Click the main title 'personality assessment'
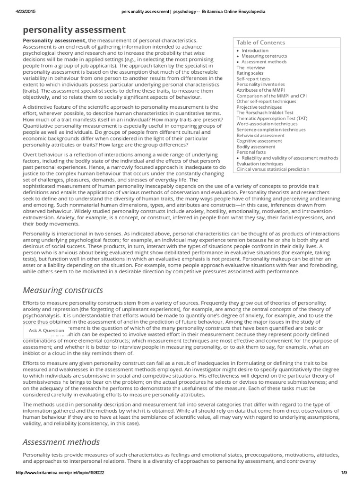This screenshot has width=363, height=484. [x=74, y=30]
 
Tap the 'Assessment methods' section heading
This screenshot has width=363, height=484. [x=61, y=442]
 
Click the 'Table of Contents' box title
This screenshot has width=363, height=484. [x=261, y=43]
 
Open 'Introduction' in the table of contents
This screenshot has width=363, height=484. [x=255, y=51]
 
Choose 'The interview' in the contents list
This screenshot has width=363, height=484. [x=251, y=68]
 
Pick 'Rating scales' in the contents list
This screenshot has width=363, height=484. [x=250, y=73]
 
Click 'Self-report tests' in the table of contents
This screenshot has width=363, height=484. [x=253, y=79]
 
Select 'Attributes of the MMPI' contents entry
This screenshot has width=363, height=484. [x=260, y=90]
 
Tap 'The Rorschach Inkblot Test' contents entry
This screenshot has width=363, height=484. [x=264, y=112]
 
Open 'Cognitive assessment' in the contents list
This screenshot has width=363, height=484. [x=259, y=141]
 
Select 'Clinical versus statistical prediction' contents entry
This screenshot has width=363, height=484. [x=273, y=169]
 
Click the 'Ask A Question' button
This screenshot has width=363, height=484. [x=46, y=330]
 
